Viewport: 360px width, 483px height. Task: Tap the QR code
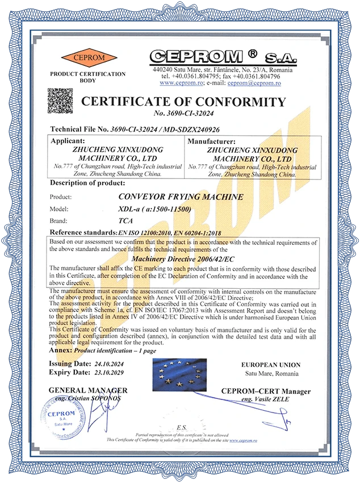coord(60,101)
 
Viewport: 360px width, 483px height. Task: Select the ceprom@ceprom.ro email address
coord(254,83)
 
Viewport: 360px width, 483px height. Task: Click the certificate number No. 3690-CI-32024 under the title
coord(183,114)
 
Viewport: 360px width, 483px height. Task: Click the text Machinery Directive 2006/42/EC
coord(180,259)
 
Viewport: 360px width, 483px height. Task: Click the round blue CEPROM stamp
coord(59,417)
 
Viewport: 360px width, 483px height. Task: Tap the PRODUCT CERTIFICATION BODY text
coord(88,77)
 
